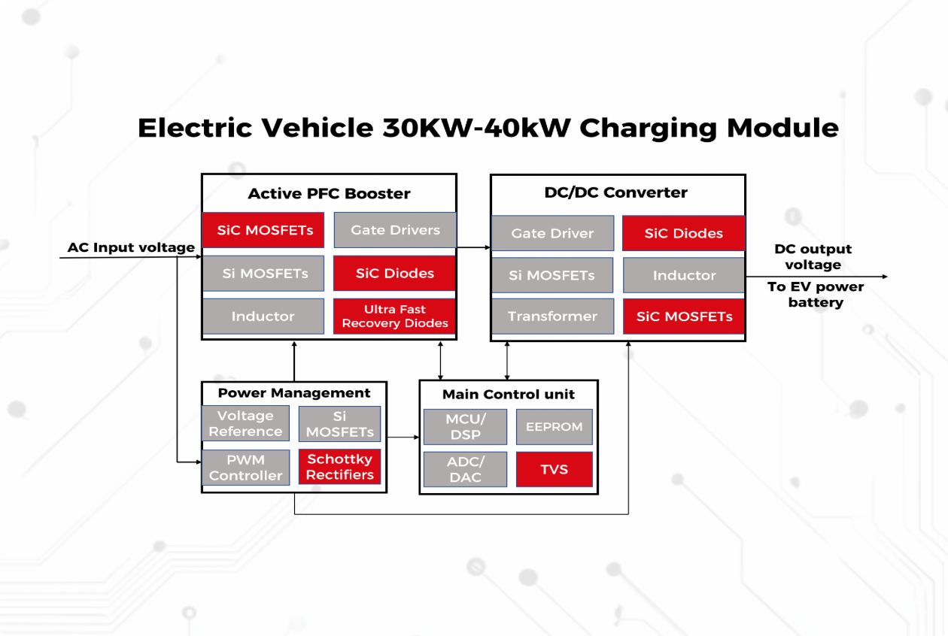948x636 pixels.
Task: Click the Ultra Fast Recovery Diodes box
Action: pos(394,316)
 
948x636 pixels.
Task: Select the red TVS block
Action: pos(554,469)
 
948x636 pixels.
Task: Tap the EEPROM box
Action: pos(554,426)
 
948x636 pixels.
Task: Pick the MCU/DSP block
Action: pos(465,426)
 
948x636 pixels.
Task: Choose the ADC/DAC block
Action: pos(465,469)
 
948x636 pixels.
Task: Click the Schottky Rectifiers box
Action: pos(339,467)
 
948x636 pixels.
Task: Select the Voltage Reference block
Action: pos(245,423)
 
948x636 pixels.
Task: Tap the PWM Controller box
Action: pos(245,467)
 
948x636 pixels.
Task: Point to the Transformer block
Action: pos(552,316)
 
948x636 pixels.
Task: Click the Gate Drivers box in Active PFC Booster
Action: pos(395,230)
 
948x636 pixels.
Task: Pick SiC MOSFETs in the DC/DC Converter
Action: pos(684,316)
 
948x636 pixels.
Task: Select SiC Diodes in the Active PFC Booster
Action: pos(394,273)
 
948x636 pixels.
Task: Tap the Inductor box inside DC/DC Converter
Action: pos(684,275)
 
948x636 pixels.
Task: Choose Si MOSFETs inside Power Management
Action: pos(339,423)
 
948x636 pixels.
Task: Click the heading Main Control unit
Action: pos(508,394)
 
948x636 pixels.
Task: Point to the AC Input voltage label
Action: pos(131,247)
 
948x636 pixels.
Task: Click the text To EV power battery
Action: pos(816,294)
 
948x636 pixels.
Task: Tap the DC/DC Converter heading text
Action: pos(615,192)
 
